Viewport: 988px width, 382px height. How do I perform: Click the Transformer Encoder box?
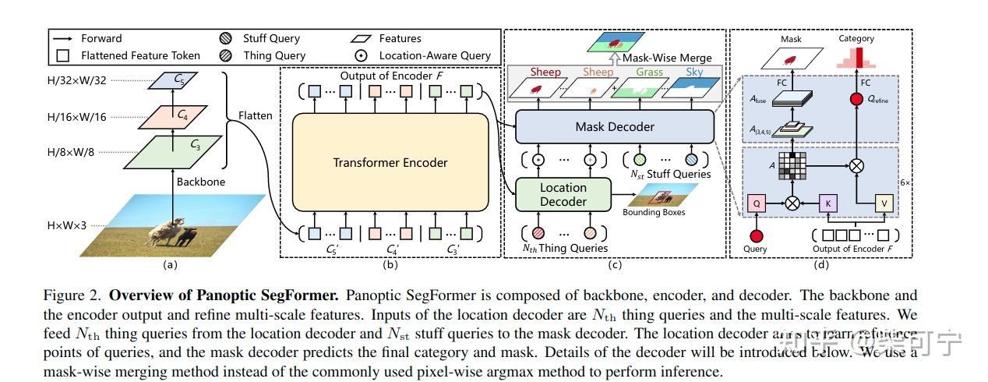pyautogui.click(x=390, y=162)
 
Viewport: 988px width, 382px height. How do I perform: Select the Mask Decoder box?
pyautogui.click(x=615, y=126)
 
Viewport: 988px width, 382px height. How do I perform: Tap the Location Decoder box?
pyautogui.click(x=563, y=195)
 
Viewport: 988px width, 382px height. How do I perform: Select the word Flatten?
pyautogui.click(x=256, y=115)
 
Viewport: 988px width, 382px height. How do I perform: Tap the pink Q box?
pyautogui.click(x=755, y=203)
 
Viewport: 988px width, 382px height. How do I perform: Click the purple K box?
pyautogui.click(x=827, y=203)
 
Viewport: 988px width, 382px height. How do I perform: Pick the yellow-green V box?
pyautogui.click(x=884, y=203)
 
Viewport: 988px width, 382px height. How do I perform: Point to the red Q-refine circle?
pyautogui.click(x=856, y=100)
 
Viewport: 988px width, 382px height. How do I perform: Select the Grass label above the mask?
pyautogui.click(x=649, y=73)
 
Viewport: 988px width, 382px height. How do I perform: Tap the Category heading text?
pyautogui.click(x=856, y=38)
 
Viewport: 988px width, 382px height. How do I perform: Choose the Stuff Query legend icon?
pyautogui.click(x=227, y=38)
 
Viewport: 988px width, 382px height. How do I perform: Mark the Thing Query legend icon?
pyautogui.click(x=227, y=55)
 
